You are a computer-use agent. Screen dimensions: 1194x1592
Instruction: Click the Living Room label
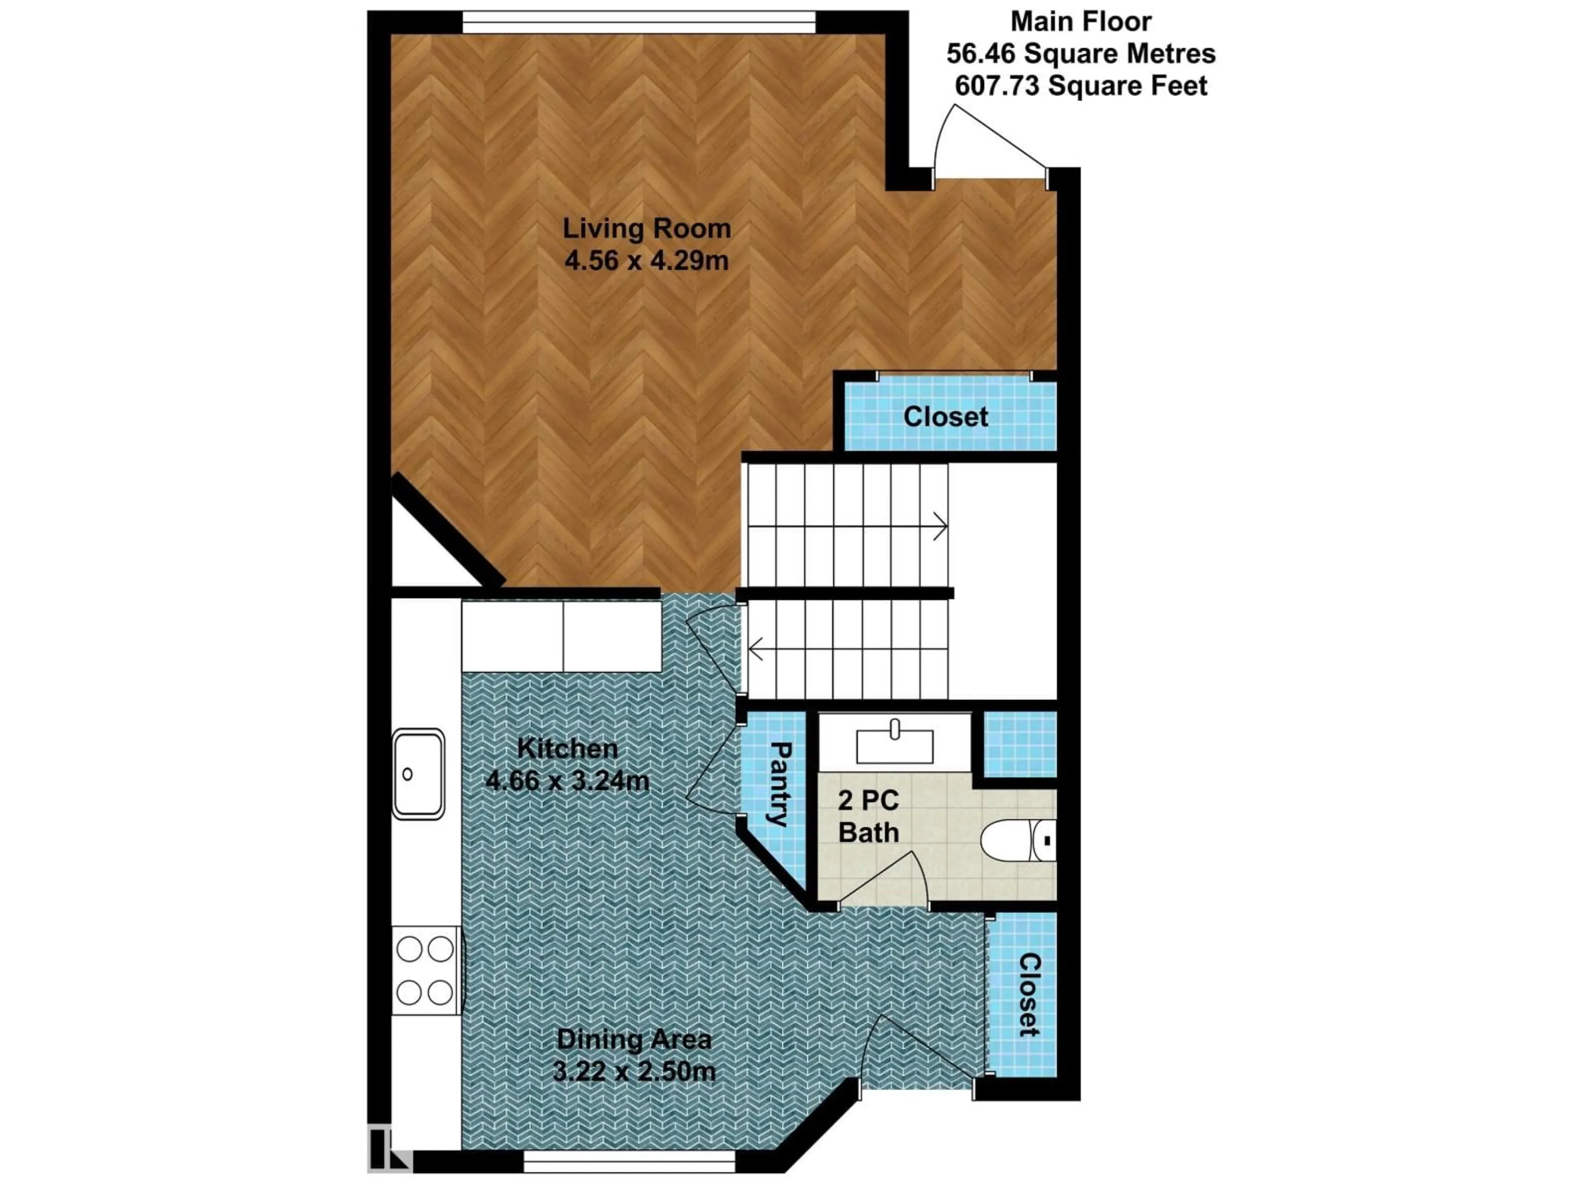tap(646, 229)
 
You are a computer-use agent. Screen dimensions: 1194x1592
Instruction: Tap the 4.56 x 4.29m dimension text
tap(646, 260)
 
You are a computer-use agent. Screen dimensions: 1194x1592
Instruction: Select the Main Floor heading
tap(1080, 22)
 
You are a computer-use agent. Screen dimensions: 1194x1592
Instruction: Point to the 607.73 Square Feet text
tap(1080, 86)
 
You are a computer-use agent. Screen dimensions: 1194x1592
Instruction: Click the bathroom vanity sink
tap(895, 745)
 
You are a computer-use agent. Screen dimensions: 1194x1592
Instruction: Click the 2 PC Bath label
tap(869, 816)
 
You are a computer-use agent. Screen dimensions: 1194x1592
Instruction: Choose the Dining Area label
tap(634, 1039)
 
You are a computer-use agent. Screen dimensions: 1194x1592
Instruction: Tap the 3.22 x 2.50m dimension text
tap(634, 1072)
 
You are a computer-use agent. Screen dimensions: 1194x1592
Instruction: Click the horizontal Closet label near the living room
tap(946, 417)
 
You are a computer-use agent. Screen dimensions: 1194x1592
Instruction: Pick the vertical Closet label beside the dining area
tap(1029, 995)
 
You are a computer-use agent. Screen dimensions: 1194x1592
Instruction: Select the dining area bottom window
tap(629, 1162)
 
